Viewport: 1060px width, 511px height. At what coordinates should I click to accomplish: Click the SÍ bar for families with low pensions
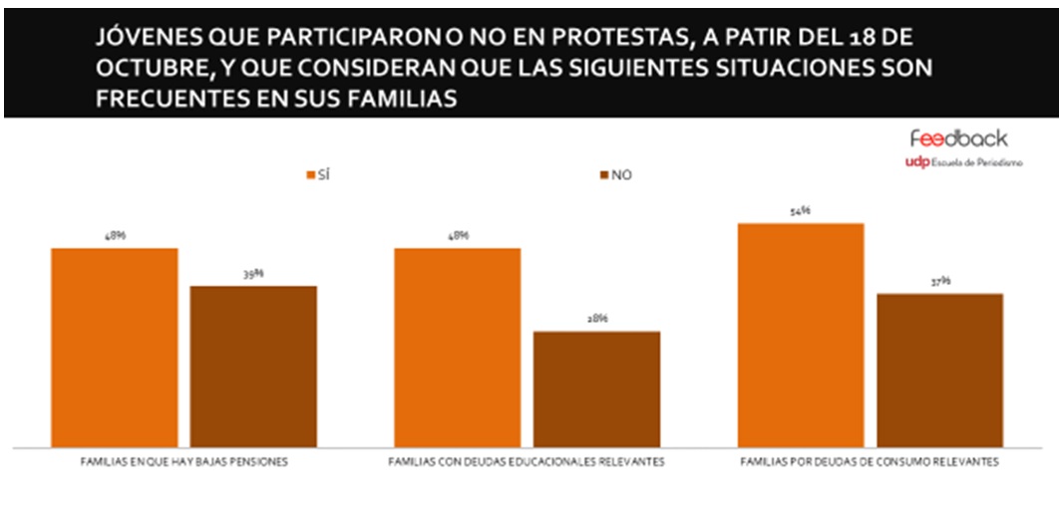click(x=114, y=347)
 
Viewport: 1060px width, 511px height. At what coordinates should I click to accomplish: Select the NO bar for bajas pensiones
click(x=253, y=366)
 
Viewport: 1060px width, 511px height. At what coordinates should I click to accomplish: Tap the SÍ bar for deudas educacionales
click(x=458, y=347)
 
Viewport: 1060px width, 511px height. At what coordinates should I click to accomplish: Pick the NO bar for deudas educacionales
click(x=596, y=388)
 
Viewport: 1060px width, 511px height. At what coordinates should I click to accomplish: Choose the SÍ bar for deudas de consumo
click(x=801, y=335)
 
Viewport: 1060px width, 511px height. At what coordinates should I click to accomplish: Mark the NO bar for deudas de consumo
click(x=939, y=370)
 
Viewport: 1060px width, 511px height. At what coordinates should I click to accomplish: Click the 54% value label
click(x=801, y=211)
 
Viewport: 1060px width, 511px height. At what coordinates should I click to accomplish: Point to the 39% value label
click(x=253, y=274)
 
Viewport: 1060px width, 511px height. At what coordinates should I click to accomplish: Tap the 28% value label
click(x=596, y=319)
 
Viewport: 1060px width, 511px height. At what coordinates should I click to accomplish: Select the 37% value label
click(x=939, y=282)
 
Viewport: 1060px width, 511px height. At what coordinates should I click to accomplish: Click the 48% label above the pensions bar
click(x=114, y=236)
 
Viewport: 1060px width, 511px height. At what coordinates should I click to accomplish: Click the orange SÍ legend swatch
click(x=310, y=175)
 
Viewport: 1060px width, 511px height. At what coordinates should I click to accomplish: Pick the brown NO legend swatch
click(x=604, y=175)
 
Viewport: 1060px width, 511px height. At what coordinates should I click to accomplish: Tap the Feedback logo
click(x=958, y=138)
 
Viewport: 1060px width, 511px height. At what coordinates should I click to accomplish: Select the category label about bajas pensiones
click(x=183, y=464)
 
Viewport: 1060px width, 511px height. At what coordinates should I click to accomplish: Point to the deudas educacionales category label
click(x=526, y=464)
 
